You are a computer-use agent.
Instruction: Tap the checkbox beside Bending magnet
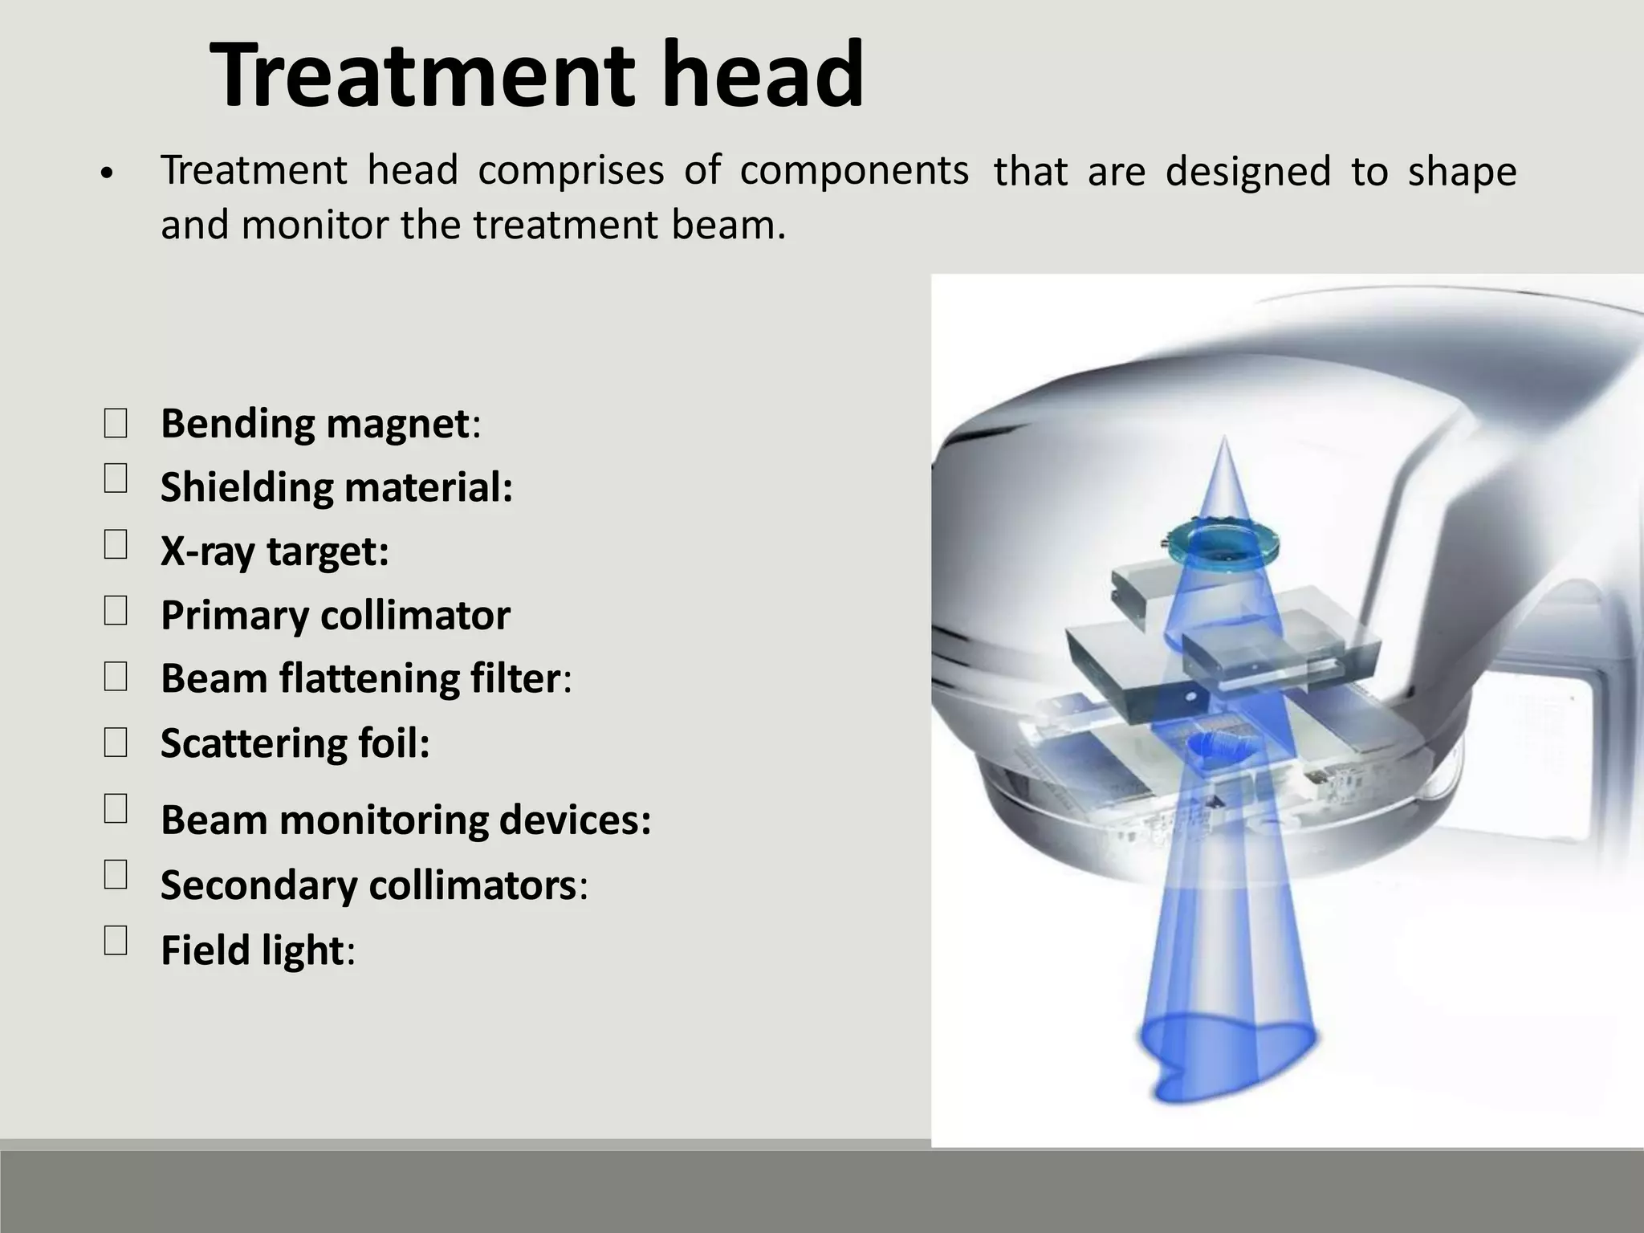tap(116, 423)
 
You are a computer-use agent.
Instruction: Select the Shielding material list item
tap(336, 487)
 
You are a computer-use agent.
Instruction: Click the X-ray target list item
tap(275, 551)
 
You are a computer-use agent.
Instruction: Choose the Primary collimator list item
tap(335, 616)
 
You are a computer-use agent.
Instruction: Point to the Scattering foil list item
tap(295, 743)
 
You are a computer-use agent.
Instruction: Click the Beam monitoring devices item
tap(405, 820)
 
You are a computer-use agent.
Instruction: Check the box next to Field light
tap(116, 939)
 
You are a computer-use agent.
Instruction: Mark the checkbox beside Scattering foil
tap(116, 743)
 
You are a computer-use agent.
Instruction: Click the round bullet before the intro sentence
tap(106, 173)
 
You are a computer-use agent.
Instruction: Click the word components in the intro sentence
tap(854, 172)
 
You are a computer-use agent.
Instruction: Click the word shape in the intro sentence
tap(1462, 172)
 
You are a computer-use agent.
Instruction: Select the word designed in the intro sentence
tap(1247, 172)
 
